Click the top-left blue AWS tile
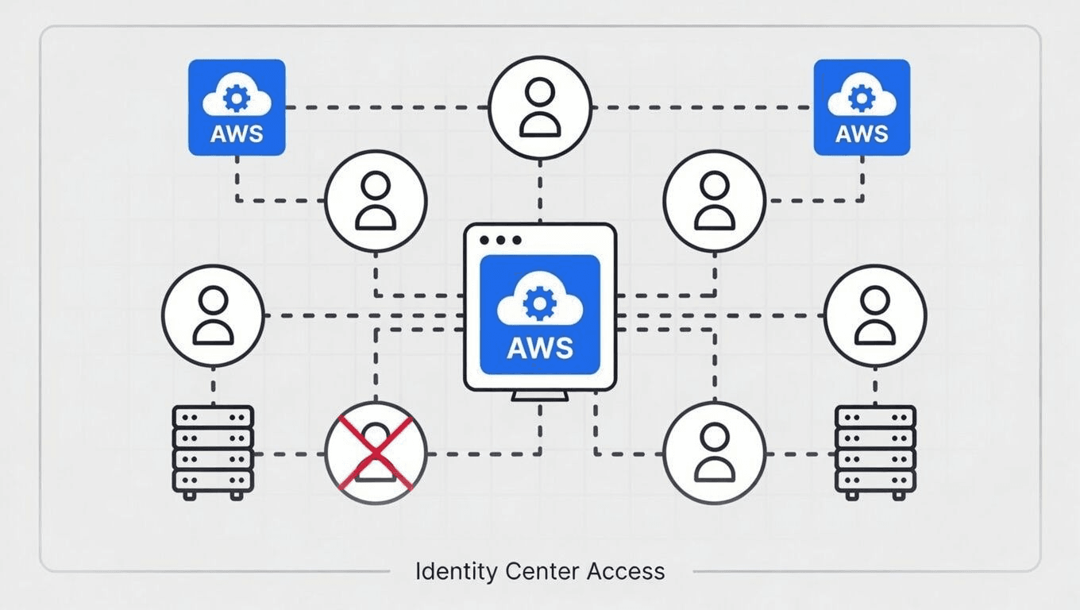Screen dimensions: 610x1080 (237, 107)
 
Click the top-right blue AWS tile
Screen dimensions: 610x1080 (862, 107)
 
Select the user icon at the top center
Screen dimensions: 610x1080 (540, 107)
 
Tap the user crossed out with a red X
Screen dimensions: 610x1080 (376, 454)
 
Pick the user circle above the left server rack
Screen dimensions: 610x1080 (213, 316)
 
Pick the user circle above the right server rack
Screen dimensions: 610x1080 (875, 316)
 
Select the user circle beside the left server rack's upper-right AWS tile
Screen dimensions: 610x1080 (376, 201)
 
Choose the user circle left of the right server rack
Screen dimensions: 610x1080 (714, 454)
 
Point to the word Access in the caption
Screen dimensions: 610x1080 (627, 571)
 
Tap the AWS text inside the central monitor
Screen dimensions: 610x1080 (539, 347)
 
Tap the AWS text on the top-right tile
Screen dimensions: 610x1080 (862, 133)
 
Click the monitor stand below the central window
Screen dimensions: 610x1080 (540, 396)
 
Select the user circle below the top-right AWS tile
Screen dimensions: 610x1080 (714, 201)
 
